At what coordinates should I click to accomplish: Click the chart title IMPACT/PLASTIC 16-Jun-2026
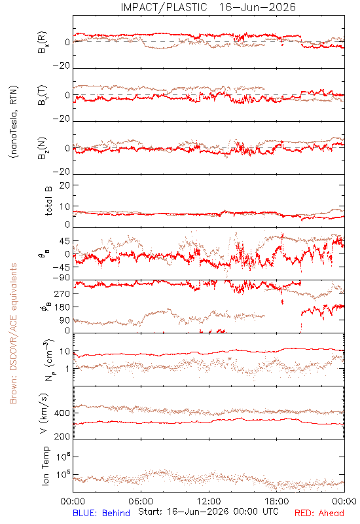coord(208,7)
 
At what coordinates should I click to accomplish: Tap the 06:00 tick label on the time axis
coord(141,501)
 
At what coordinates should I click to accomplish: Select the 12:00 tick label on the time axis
coord(209,501)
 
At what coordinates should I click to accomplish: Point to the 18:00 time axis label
coord(277,501)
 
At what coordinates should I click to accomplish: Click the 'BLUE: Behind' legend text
coord(101,513)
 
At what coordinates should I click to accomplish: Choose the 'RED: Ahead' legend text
coord(319,513)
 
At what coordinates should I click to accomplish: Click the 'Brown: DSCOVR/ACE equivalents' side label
coord(13,333)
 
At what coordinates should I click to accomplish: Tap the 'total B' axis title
coord(48,201)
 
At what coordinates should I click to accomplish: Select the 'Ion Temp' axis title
coord(45,466)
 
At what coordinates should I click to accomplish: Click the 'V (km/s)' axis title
coord(44,413)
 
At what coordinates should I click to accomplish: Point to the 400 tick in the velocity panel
coord(62,413)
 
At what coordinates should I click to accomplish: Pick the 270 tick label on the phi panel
coord(62,293)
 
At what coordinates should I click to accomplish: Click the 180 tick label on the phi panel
coord(62,307)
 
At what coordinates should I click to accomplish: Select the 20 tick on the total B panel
coord(65,185)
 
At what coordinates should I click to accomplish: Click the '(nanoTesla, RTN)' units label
coord(14,122)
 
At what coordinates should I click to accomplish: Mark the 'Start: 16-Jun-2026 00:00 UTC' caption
coord(208,512)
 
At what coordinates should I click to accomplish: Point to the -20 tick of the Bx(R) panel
coord(62,66)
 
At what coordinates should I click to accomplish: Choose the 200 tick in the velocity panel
coord(62,436)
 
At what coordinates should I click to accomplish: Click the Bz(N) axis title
coord(43,148)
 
